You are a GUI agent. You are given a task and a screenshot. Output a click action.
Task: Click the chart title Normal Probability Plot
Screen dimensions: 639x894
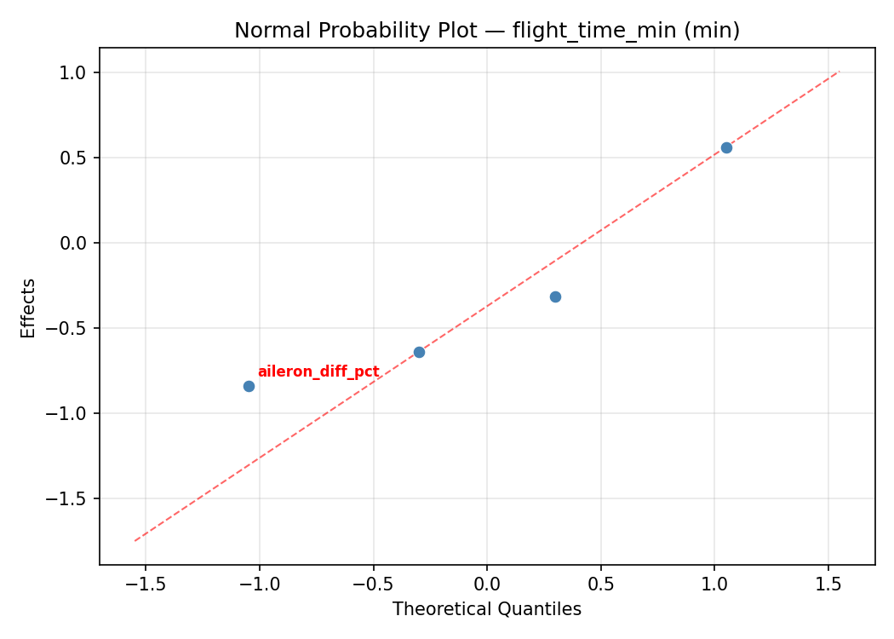[x=487, y=31]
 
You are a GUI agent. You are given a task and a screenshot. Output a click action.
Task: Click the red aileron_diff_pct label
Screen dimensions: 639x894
[x=318, y=371]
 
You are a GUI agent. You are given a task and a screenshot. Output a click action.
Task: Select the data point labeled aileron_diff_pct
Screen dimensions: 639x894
[x=249, y=386]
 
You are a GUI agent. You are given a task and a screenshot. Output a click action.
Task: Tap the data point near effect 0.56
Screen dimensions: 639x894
[x=726, y=147]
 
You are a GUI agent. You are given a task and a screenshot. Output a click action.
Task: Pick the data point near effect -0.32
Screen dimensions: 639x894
[x=555, y=296]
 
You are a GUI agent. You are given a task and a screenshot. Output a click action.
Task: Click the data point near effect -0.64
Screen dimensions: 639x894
[x=419, y=352]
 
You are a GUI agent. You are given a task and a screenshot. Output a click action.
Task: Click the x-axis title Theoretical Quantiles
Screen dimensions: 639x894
[x=487, y=609]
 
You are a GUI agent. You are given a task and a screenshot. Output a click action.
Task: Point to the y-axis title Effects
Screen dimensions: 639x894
[x=29, y=308]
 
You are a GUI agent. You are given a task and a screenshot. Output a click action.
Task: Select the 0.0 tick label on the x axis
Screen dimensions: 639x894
[x=487, y=584]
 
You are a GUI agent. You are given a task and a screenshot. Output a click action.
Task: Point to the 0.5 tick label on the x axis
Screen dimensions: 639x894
[x=601, y=584]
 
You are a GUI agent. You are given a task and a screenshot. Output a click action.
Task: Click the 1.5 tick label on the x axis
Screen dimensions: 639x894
[x=828, y=584]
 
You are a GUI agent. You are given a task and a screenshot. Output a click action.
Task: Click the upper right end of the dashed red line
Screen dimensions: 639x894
[x=840, y=72]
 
